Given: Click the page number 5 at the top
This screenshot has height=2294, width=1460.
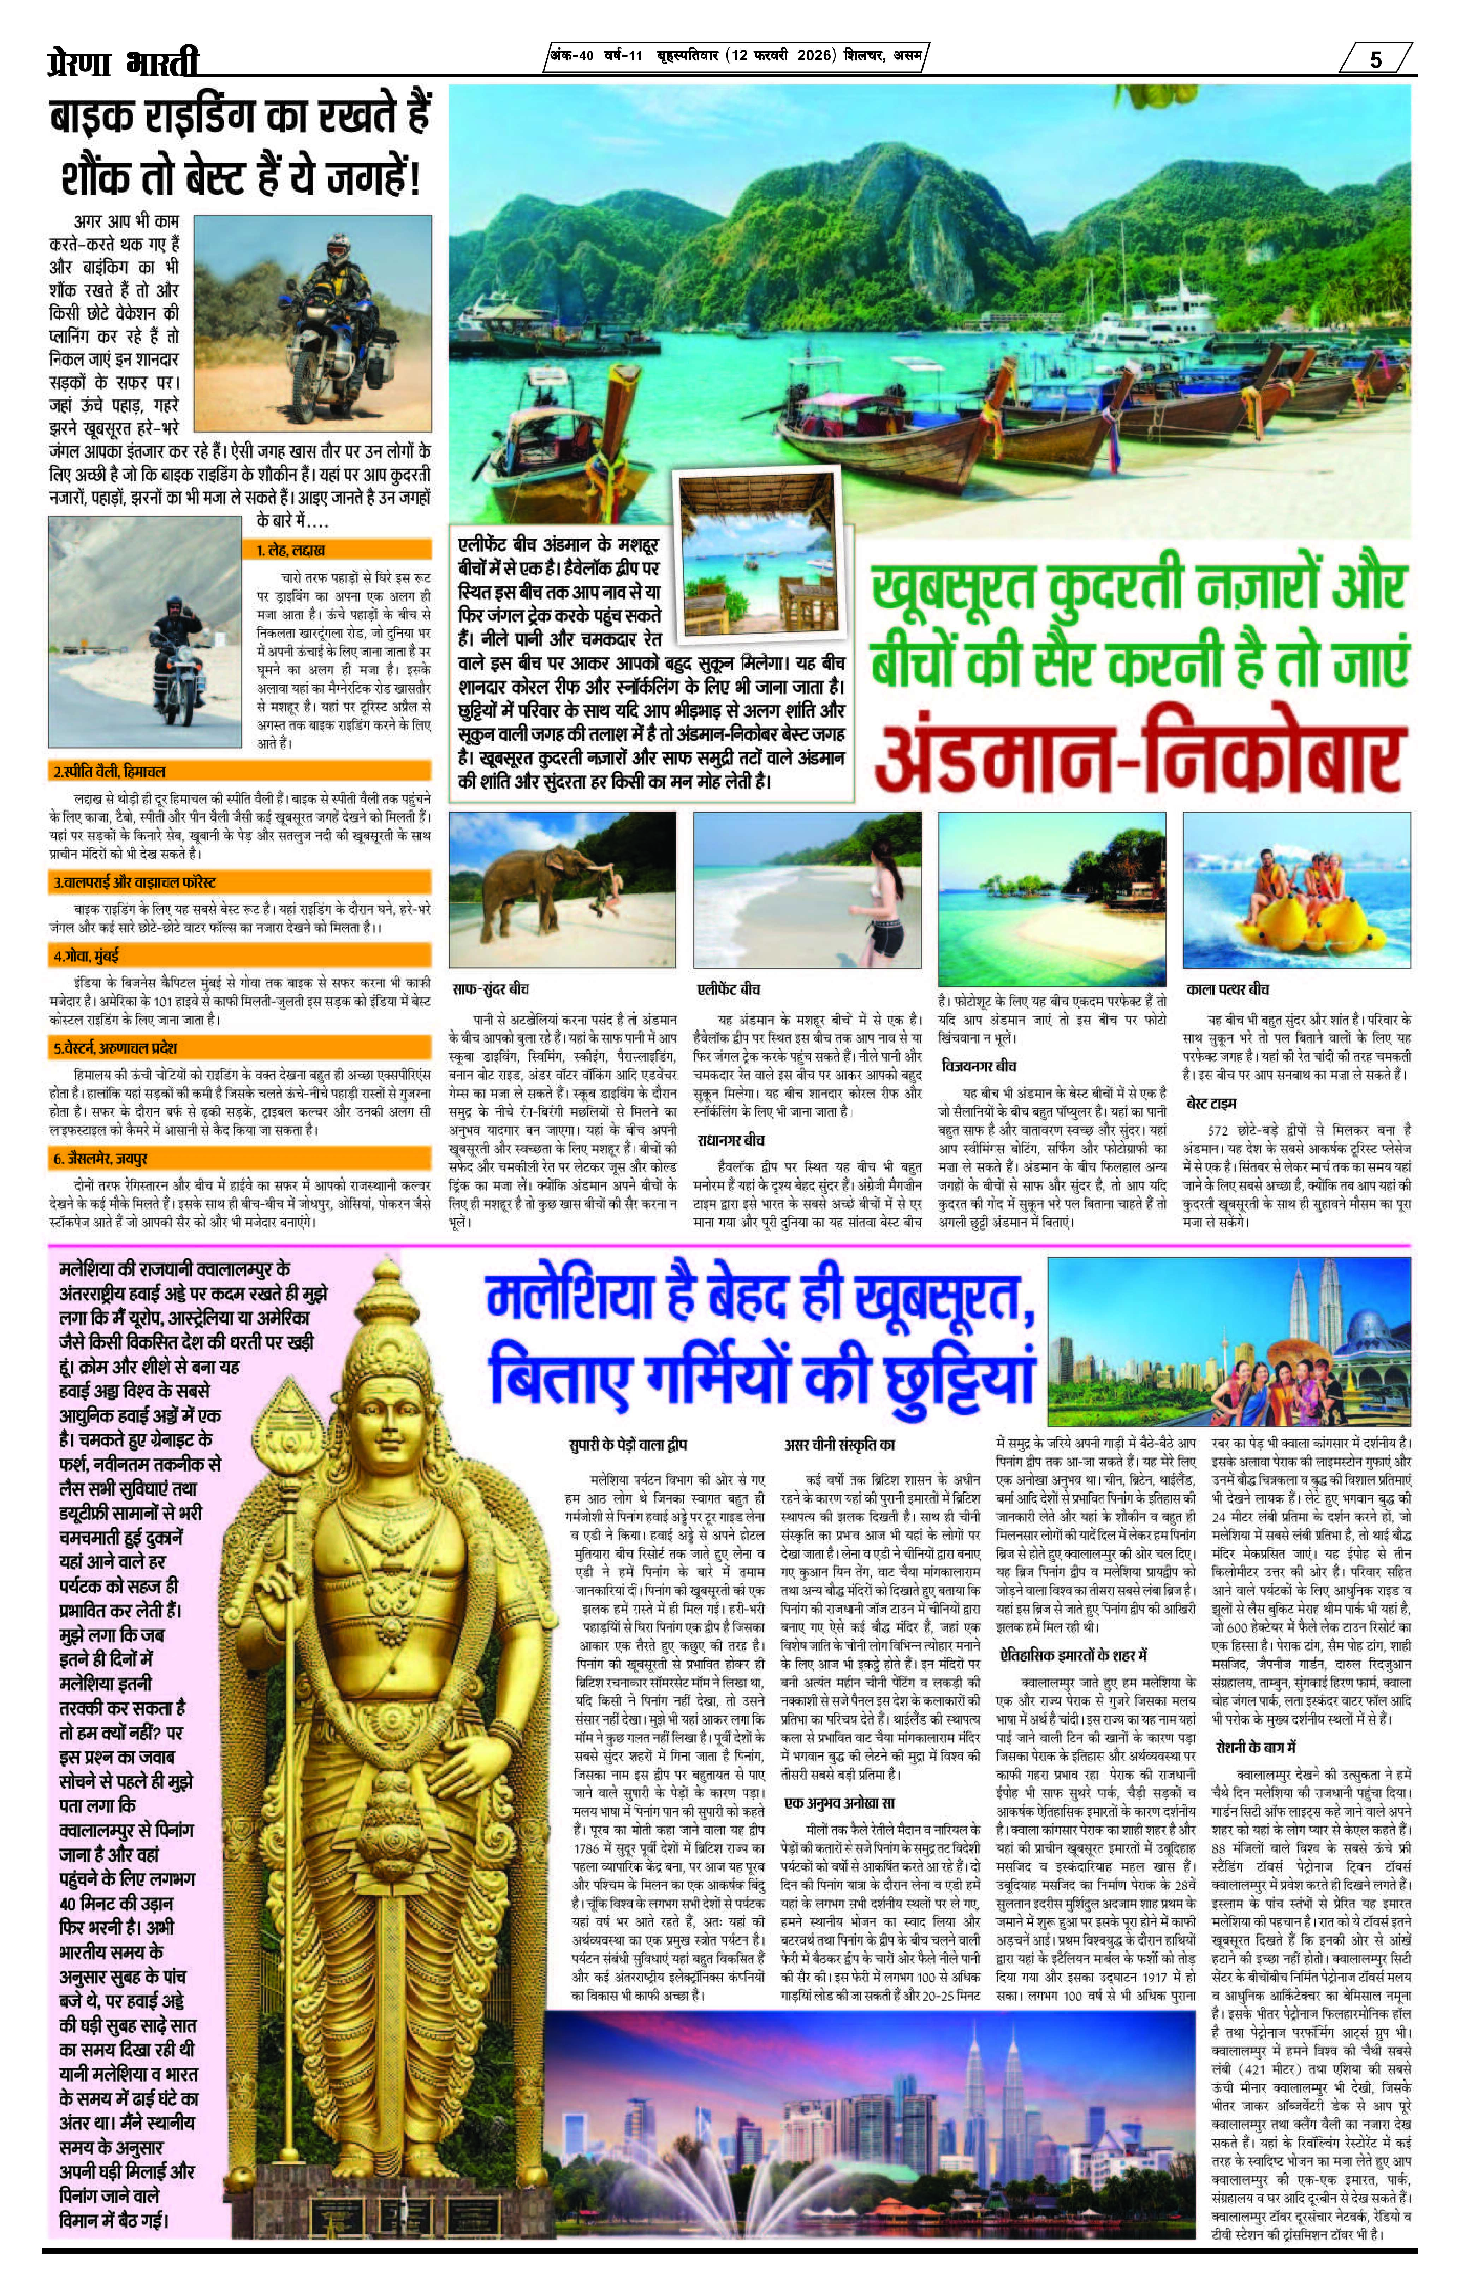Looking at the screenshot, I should tap(1375, 59).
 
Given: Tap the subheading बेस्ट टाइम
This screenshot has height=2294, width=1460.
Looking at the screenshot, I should tap(1211, 1103).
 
